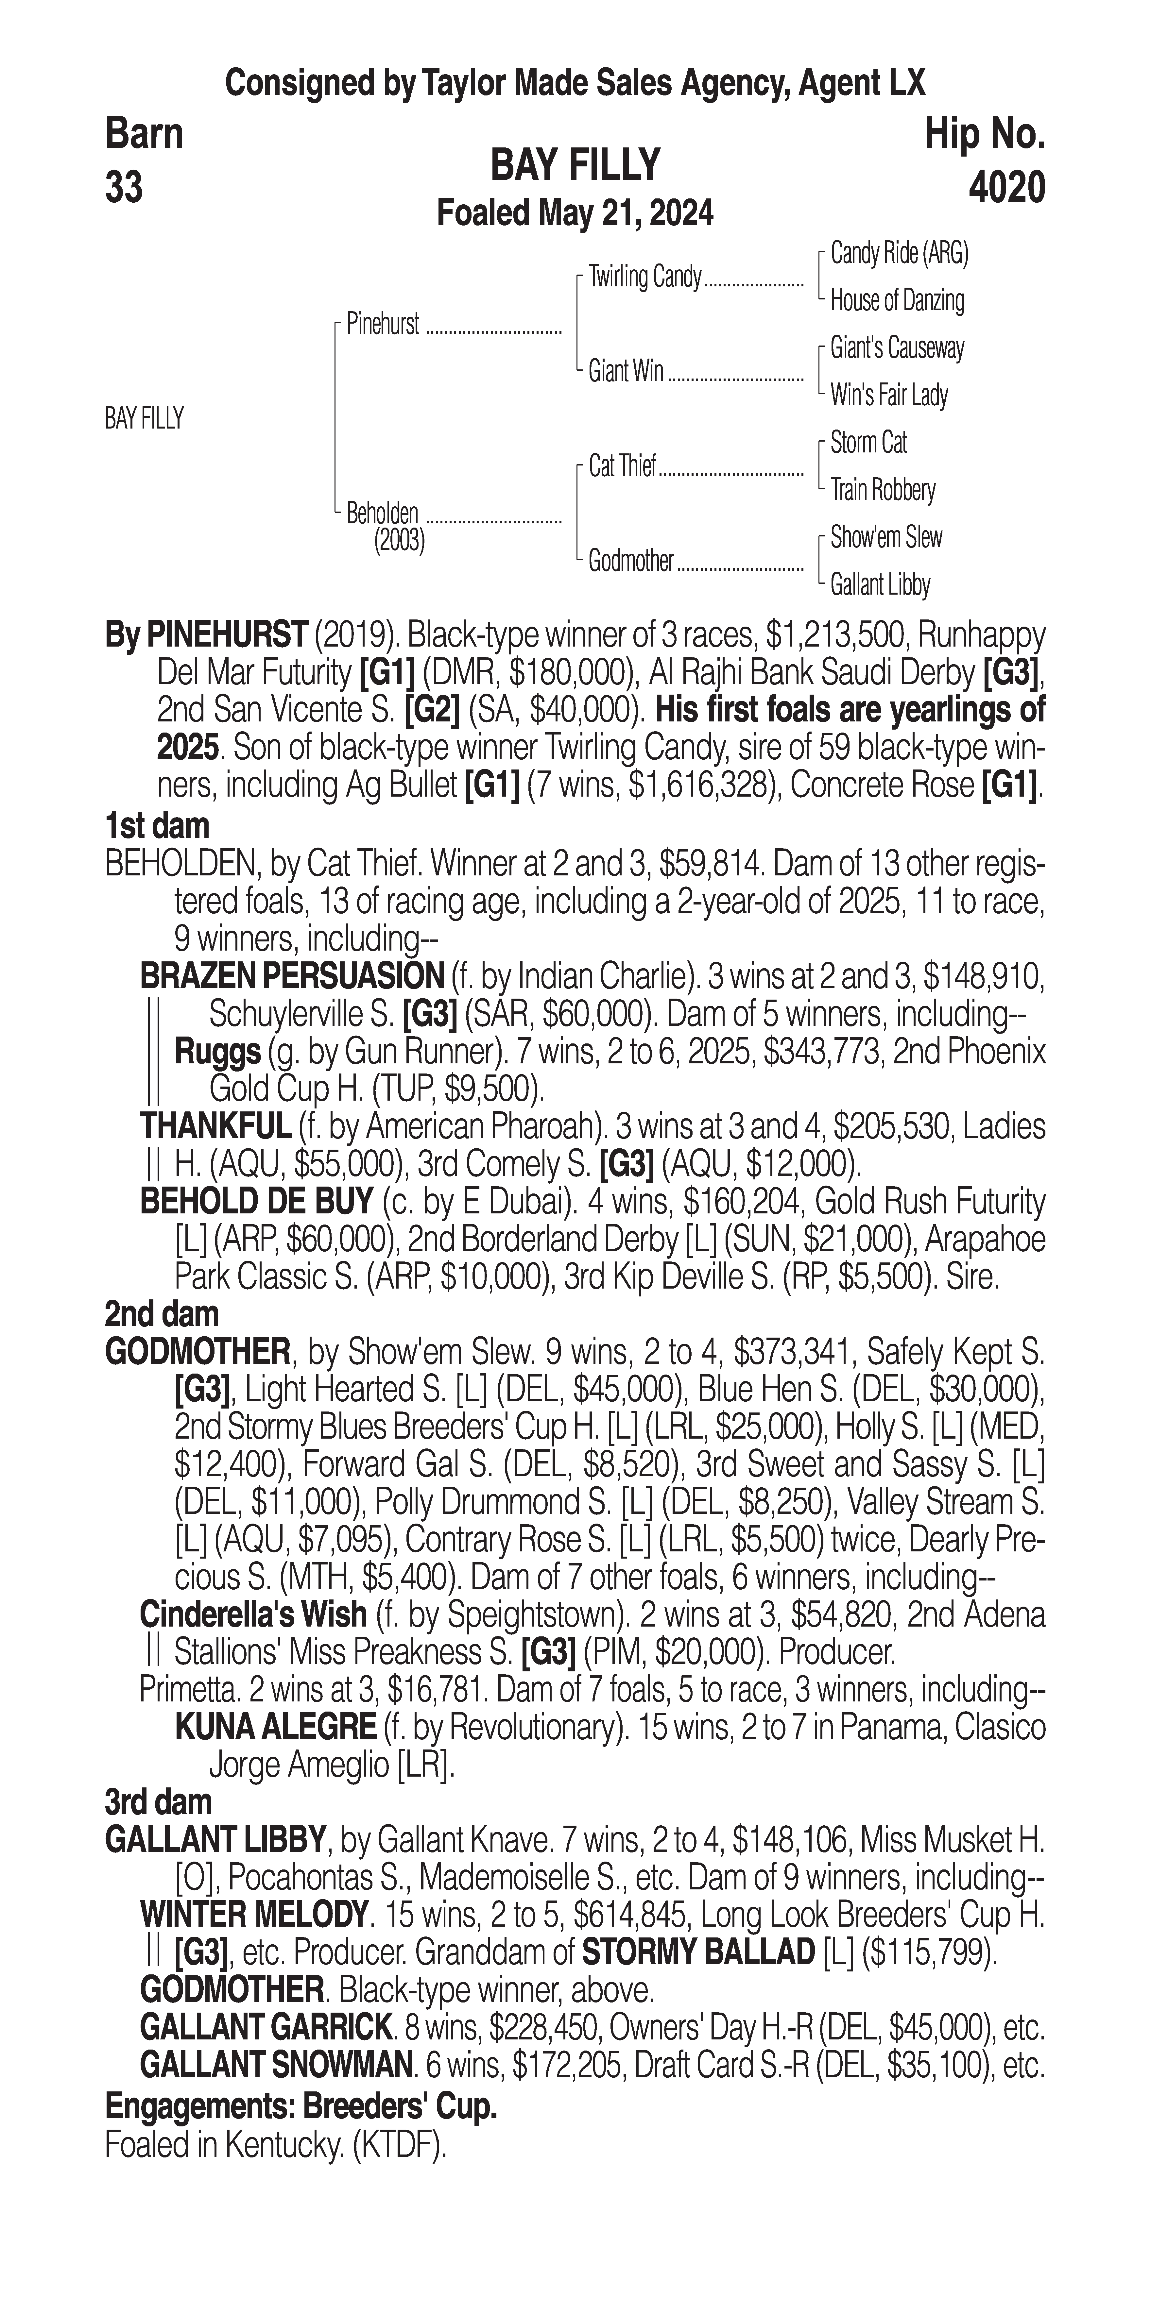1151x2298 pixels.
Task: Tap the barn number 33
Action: (x=124, y=188)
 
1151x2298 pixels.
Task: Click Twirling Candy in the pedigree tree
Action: (x=645, y=278)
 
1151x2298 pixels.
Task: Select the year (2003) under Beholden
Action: (x=399, y=541)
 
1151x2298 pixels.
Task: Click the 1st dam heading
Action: (x=157, y=826)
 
